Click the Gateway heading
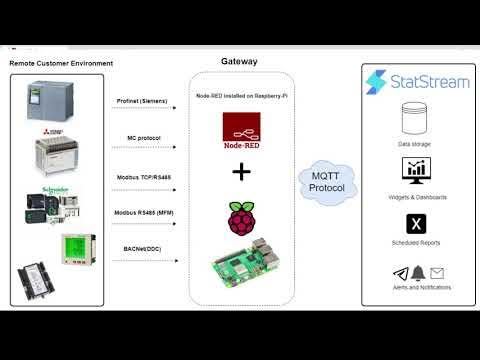239,61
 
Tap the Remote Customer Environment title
61,64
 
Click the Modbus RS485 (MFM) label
141,212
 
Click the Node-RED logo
240,131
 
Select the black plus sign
240,171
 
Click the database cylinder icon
415,121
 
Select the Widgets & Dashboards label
415,197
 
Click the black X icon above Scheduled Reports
415,223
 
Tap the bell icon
416,273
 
